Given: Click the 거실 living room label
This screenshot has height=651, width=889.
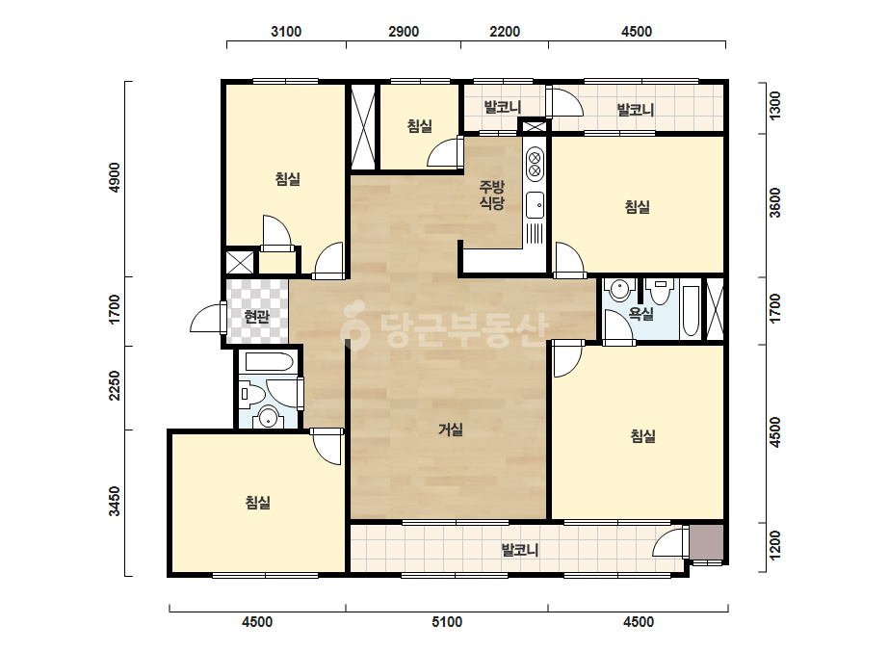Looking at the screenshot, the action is [451, 430].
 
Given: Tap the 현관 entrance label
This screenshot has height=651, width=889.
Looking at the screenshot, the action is [256, 317].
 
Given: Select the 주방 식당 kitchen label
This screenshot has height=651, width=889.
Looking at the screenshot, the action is [491, 195].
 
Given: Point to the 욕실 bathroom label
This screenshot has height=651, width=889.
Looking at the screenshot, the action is [641, 313].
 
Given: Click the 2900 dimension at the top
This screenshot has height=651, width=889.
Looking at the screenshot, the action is [404, 31].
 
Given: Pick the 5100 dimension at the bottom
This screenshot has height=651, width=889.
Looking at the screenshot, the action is [447, 622].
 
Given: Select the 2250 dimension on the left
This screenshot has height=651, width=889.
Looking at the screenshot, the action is [115, 385].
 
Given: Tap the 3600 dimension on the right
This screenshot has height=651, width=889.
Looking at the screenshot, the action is [775, 203].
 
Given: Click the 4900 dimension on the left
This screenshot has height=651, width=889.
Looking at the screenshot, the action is [115, 177].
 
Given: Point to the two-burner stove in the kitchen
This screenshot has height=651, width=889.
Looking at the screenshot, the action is [535, 164].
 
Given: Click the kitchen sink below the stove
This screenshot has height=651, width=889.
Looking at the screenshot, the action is [535, 205].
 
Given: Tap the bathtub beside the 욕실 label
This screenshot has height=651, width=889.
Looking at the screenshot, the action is [690, 310].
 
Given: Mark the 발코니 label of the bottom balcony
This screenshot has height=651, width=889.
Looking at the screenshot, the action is [519, 550].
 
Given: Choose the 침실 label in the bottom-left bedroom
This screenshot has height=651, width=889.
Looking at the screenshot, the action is [257, 503].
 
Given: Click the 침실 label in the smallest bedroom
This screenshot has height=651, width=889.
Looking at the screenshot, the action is [420, 126].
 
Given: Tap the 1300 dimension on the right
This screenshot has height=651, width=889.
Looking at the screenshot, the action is [775, 106].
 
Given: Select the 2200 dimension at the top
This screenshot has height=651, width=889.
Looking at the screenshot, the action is [505, 31].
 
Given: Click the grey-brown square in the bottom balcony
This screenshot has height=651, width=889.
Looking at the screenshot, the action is [706, 542].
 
